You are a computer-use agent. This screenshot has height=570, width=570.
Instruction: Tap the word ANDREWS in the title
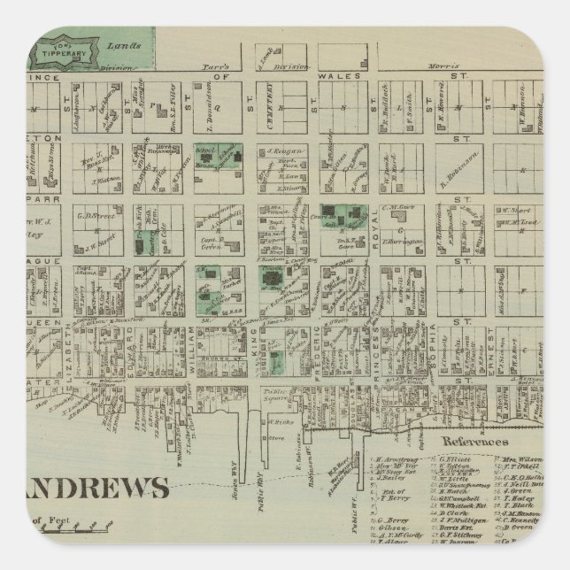(x=89, y=513)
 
